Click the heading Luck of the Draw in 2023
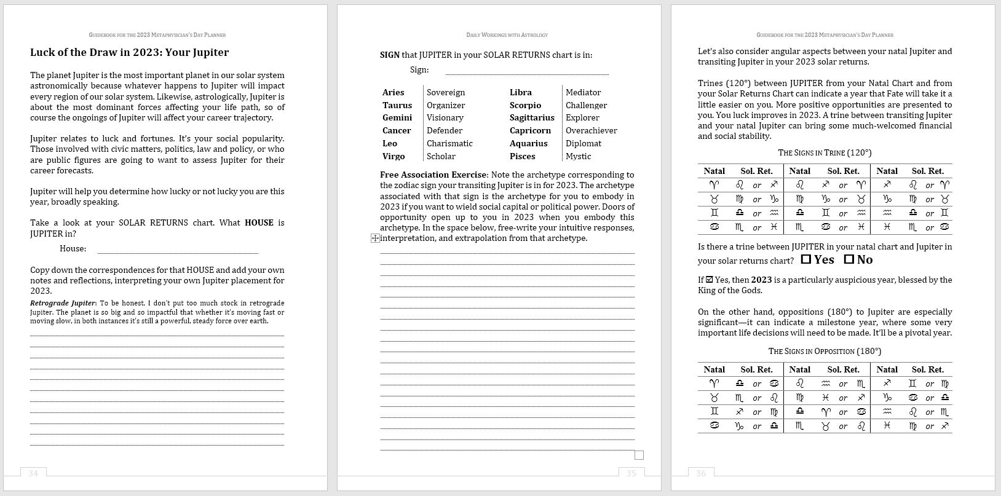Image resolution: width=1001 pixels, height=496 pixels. click(129, 53)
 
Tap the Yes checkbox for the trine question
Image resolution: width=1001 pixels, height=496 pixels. click(806, 259)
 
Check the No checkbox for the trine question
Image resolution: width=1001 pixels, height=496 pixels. click(849, 259)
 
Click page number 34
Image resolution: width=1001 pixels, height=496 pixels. click(33, 473)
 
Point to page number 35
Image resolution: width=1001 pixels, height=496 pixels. click(631, 473)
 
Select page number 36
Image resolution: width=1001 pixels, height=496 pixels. click(701, 473)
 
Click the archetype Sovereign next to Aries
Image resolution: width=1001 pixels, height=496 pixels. click(446, 92)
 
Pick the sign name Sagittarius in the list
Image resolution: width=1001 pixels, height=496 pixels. click(532, 117)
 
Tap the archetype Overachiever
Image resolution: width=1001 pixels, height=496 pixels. click(591, 130)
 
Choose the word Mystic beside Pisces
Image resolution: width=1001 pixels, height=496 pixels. click(578, 156)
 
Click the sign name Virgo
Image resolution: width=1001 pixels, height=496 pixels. click(394, 156)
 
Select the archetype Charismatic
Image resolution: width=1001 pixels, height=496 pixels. click(449, 143)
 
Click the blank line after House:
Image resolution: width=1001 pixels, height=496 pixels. click(177, 250)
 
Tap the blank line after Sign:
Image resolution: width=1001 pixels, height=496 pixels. click(526, 71)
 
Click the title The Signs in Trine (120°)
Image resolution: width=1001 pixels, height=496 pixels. click(825, 152)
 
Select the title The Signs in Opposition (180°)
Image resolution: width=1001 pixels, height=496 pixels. click(825, 351)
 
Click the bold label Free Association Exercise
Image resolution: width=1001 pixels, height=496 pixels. click(433, 175)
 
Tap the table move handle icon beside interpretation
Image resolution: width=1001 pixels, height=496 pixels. click(375, 238)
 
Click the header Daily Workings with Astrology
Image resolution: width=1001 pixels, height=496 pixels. click(507, 35)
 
